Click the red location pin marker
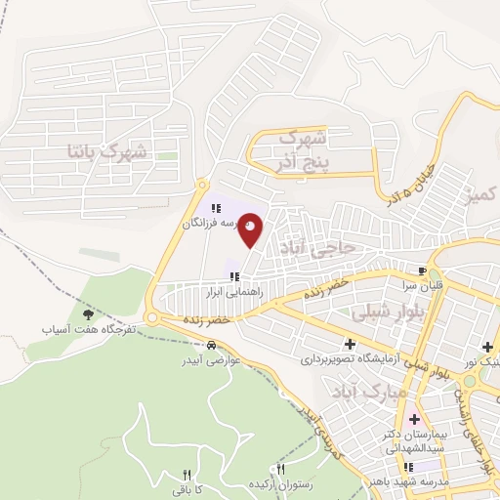251,229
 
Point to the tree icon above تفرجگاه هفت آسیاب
88,314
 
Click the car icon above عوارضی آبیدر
212,344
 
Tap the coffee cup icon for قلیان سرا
422,272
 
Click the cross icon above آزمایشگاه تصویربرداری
350,344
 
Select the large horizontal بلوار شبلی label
371,312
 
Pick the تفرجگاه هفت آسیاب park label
87,330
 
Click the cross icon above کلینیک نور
487,347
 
